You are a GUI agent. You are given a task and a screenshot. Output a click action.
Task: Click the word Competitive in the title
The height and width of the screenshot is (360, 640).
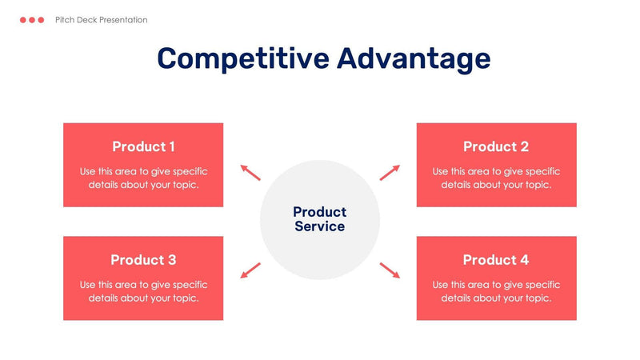(x=242, y=59)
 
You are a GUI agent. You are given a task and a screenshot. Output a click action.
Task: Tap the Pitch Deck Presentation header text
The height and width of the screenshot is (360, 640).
(x=102, y=20)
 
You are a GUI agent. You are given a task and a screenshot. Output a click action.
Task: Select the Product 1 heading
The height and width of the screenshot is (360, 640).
(x=143, y=146)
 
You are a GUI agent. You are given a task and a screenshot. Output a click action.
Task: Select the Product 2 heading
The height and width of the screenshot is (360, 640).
(x=496, y=146)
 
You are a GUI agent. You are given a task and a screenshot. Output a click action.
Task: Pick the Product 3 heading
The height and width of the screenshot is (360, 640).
(x=143, y=260)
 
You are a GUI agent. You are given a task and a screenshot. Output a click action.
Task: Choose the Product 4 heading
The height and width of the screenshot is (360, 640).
(x=496, y=260)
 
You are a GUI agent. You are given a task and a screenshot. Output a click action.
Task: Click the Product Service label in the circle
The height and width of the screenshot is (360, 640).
(x=319, y=219)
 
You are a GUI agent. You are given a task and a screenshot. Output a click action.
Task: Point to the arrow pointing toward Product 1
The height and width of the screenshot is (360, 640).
(x=250, y=172)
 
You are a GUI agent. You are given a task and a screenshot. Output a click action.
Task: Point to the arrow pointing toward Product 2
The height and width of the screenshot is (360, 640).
(x=390, y=172)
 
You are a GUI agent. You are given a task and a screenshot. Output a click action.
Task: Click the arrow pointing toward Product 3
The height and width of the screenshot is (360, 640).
(x=250, y=270)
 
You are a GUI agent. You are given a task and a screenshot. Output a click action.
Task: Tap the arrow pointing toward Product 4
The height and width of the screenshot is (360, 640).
(x=390, y=270)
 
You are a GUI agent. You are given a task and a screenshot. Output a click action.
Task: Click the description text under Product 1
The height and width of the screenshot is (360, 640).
(x=143, y=178)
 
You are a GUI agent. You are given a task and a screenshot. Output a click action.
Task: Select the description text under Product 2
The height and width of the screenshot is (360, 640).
(x=496, y=178)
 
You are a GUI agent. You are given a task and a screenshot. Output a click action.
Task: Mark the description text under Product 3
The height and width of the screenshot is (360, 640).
(x=143, y=291)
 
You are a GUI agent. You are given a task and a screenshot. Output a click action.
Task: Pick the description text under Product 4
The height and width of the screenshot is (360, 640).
(x=496, y=291)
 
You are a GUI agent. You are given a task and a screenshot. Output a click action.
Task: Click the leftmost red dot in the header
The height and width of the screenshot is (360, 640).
(x=23, y=20)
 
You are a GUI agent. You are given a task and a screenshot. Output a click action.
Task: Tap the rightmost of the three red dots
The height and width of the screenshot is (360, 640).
(x=41, y=20)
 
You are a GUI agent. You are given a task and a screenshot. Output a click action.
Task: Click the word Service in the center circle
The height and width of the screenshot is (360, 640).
(x=319, y=226)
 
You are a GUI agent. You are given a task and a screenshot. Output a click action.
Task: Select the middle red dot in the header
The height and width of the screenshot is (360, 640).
(x=32, y=20)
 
